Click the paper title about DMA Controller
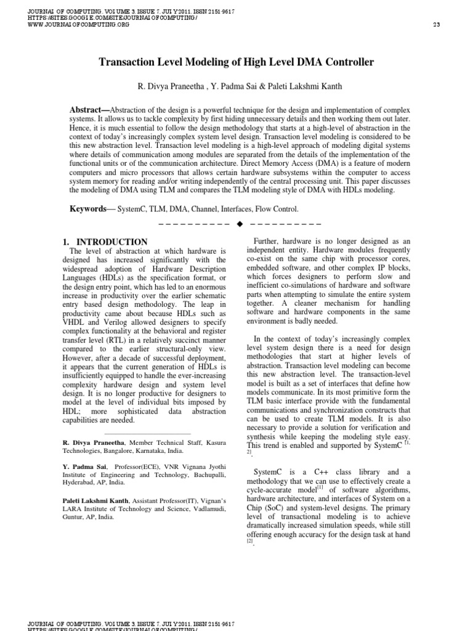236,62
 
